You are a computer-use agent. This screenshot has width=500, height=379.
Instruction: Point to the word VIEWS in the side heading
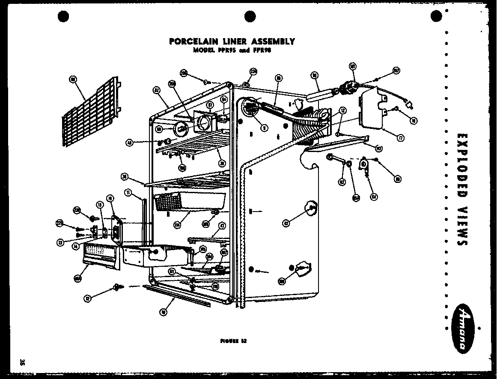coord(461,227)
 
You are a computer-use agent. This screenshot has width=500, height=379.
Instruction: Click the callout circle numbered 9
coord(265,127)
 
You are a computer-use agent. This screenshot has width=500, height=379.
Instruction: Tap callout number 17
coord(400,138)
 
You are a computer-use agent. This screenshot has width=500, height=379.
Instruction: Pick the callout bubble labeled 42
coord(286,222)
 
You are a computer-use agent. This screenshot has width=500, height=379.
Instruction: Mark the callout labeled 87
coord(210,104)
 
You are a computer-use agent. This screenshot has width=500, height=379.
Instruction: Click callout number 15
coord(100,205)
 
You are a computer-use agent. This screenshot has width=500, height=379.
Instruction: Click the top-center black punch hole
coord(250,17)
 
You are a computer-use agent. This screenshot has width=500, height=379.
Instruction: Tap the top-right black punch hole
coord(436,17)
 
